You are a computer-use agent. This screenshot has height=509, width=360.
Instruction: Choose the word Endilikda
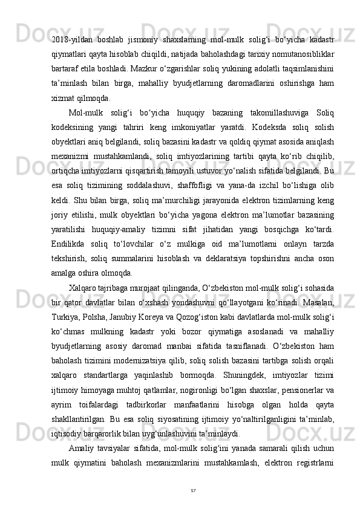pyautogui.click(x=70, y=243)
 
